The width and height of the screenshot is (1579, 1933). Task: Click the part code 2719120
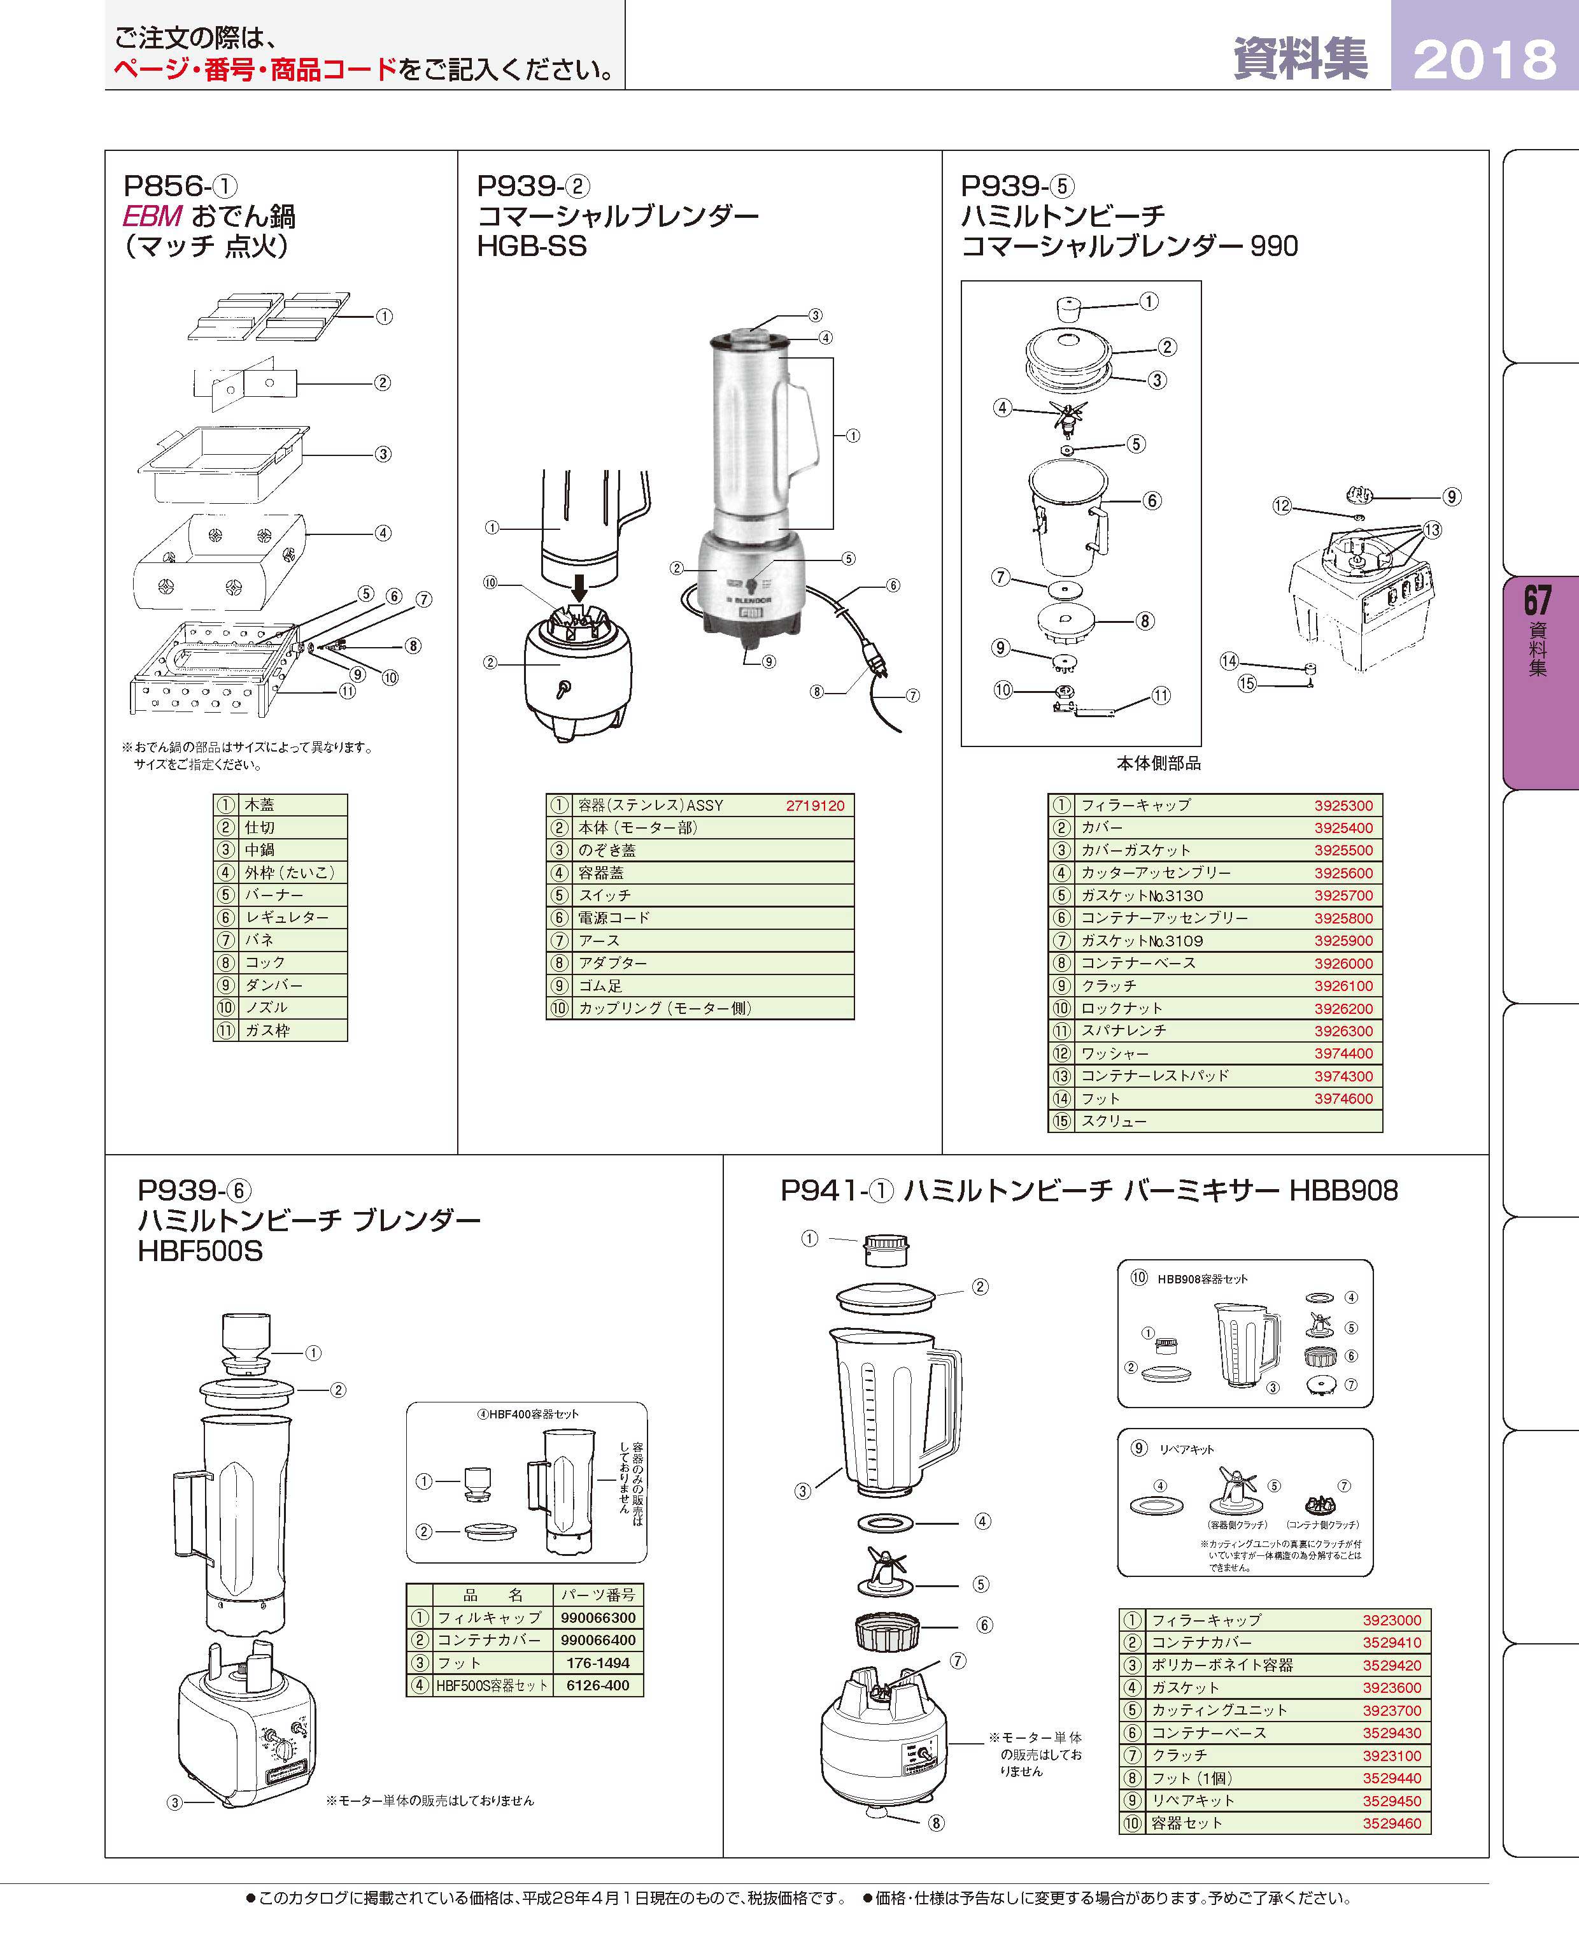815,806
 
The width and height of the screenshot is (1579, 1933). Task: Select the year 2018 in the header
1484,60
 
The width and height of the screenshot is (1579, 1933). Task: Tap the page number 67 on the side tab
1537,601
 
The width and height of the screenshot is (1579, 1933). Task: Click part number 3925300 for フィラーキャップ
1343,806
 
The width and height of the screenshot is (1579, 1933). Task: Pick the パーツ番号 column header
598,1595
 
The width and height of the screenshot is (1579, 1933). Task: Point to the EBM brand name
153,217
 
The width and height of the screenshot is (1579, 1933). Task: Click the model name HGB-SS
532,246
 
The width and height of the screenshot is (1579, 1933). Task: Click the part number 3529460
1392,1823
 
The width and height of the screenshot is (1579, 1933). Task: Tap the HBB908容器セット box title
1203,1278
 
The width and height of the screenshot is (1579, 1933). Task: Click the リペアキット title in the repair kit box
1186,1449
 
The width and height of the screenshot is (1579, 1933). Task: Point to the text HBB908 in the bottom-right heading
1343,1191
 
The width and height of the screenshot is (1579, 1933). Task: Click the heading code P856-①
180,187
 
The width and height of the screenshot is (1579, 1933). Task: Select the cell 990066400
598,1640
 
